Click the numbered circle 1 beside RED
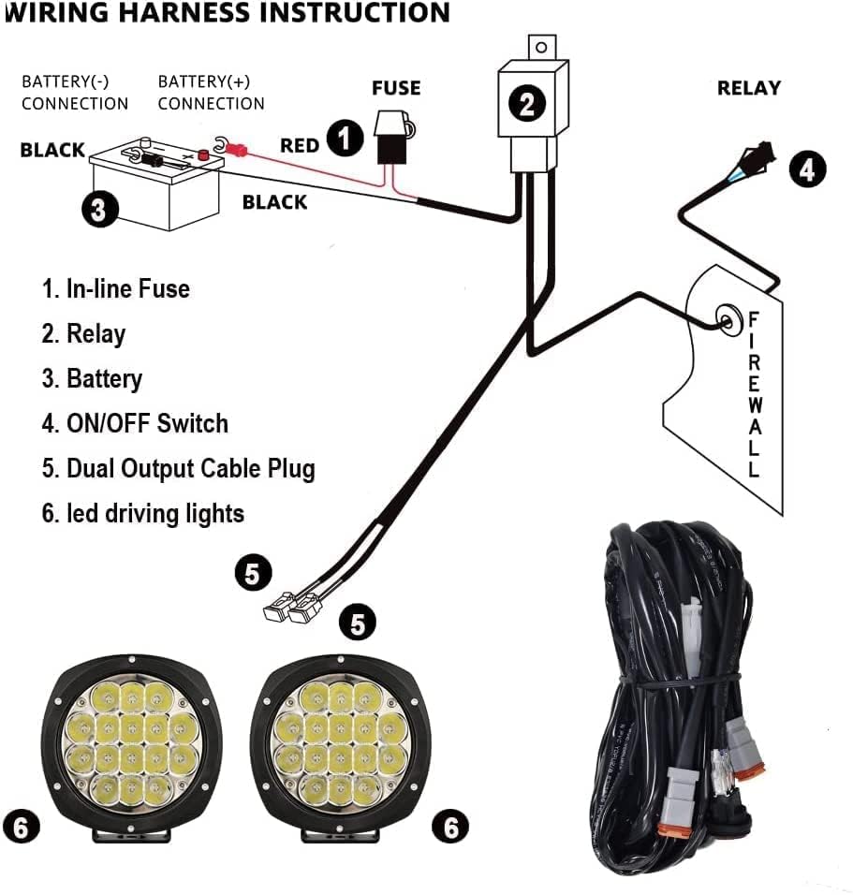(x=346, y=139)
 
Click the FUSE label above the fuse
(x=396, y=88)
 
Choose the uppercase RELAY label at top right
(x=748, y=88)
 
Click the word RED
(x=300, y=145)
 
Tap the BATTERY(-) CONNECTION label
(x=75, y=93)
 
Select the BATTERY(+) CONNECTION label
(x=211, y=93)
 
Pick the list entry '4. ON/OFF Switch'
(x=135, y=423)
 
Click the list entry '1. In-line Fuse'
(x=116, y=288)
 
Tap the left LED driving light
(x=132, y=745)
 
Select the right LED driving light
(x=343, y=745)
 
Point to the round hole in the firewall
(x=725, y=319)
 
